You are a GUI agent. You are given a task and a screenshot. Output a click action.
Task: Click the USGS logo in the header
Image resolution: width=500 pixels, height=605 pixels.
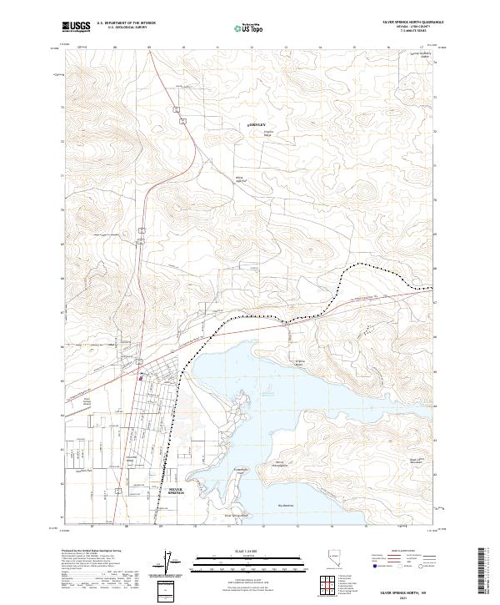pos(77,27)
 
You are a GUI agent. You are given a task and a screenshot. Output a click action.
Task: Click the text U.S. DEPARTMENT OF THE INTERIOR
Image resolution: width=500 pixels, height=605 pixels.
pos(126,23)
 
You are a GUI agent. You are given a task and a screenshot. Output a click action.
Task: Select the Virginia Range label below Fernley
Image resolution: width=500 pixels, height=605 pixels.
pos(268,134)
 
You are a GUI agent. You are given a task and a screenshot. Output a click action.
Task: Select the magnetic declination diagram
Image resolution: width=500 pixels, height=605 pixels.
pos(171,564)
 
